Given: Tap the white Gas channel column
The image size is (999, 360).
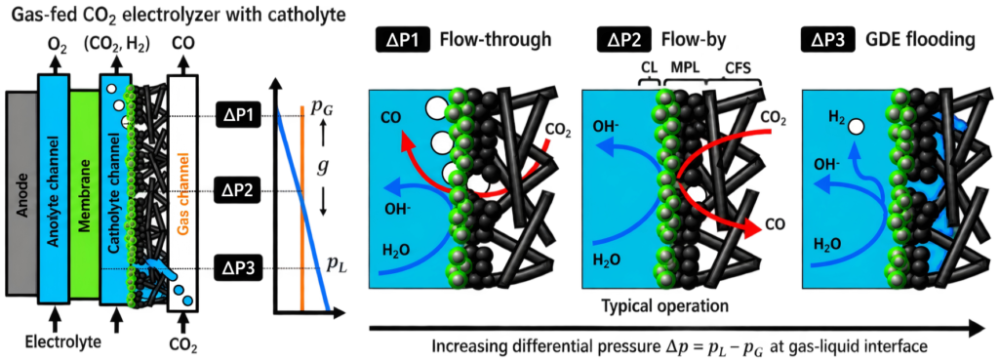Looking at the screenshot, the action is coord(183,194).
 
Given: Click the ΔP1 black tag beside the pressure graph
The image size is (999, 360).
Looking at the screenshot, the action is coord(237,115).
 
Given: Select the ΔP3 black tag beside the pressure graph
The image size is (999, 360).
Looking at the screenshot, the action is coord(237,269).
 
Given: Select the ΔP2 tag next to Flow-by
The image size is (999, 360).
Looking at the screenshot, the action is coord(624,42).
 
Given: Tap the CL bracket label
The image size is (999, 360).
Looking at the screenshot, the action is coord(649,67).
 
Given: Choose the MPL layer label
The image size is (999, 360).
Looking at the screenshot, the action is coord(685,67).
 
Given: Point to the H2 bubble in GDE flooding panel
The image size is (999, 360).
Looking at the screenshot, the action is coord(856,128).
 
